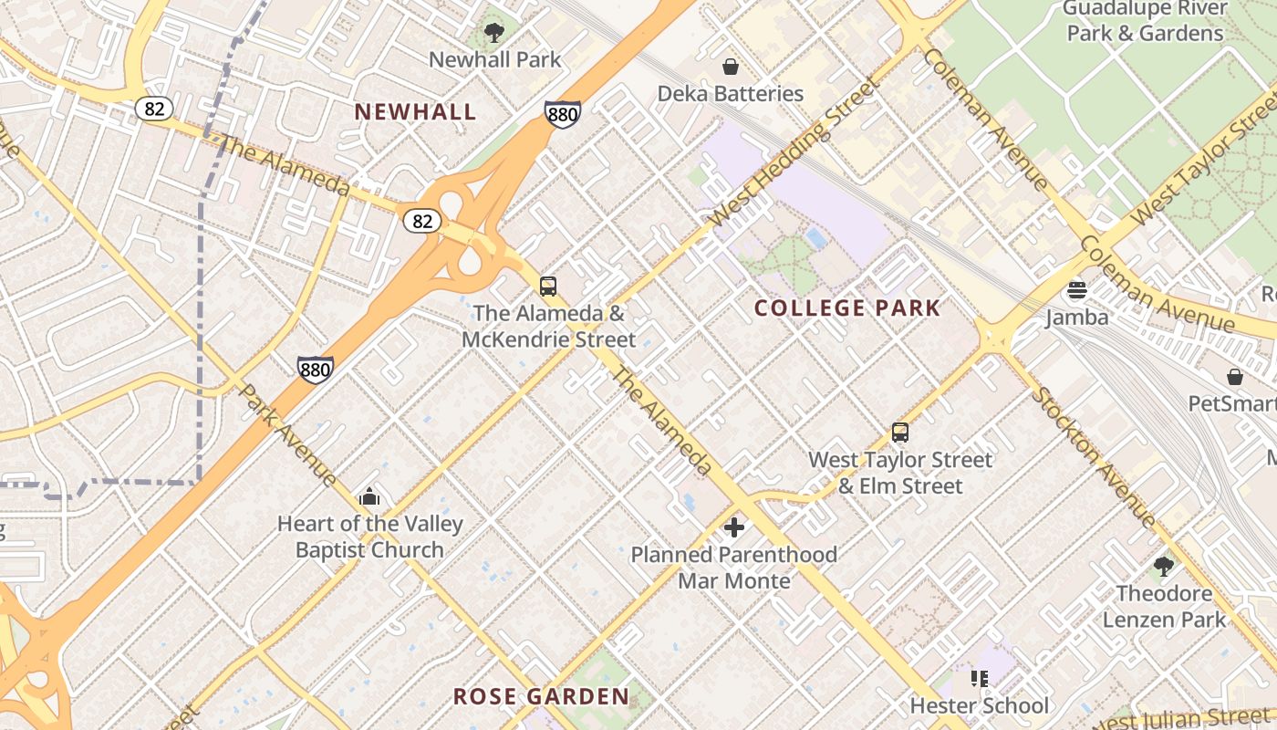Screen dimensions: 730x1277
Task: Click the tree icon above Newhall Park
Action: coord(494,34)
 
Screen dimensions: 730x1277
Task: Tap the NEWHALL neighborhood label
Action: coord(415,112)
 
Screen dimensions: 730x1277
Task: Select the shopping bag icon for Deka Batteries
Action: coord(730,67)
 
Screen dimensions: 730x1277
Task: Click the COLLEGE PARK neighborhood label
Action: coord(847,308)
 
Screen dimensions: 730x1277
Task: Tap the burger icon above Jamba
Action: coord(1077,291)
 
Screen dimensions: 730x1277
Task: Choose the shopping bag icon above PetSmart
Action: coord(1235,377)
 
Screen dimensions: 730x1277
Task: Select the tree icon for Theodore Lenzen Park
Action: coord(1164,567)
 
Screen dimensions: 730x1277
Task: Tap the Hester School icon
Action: coord(980,679)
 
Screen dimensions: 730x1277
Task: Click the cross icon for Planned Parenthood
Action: coord(734,527)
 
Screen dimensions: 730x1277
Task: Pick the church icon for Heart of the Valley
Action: coord(369,496)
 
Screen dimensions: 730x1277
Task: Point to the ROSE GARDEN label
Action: coord(541,697)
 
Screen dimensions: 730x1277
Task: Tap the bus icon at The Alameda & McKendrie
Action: coord(548,287)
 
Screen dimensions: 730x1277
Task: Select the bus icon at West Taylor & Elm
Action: coord(900,433)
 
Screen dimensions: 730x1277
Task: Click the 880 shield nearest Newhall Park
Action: coord(563,114)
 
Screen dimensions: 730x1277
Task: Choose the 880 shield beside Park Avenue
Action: coord(315,370)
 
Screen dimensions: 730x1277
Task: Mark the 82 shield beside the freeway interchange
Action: coord(423,221)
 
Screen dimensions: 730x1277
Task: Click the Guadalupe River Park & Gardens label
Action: coord(1145,22)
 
